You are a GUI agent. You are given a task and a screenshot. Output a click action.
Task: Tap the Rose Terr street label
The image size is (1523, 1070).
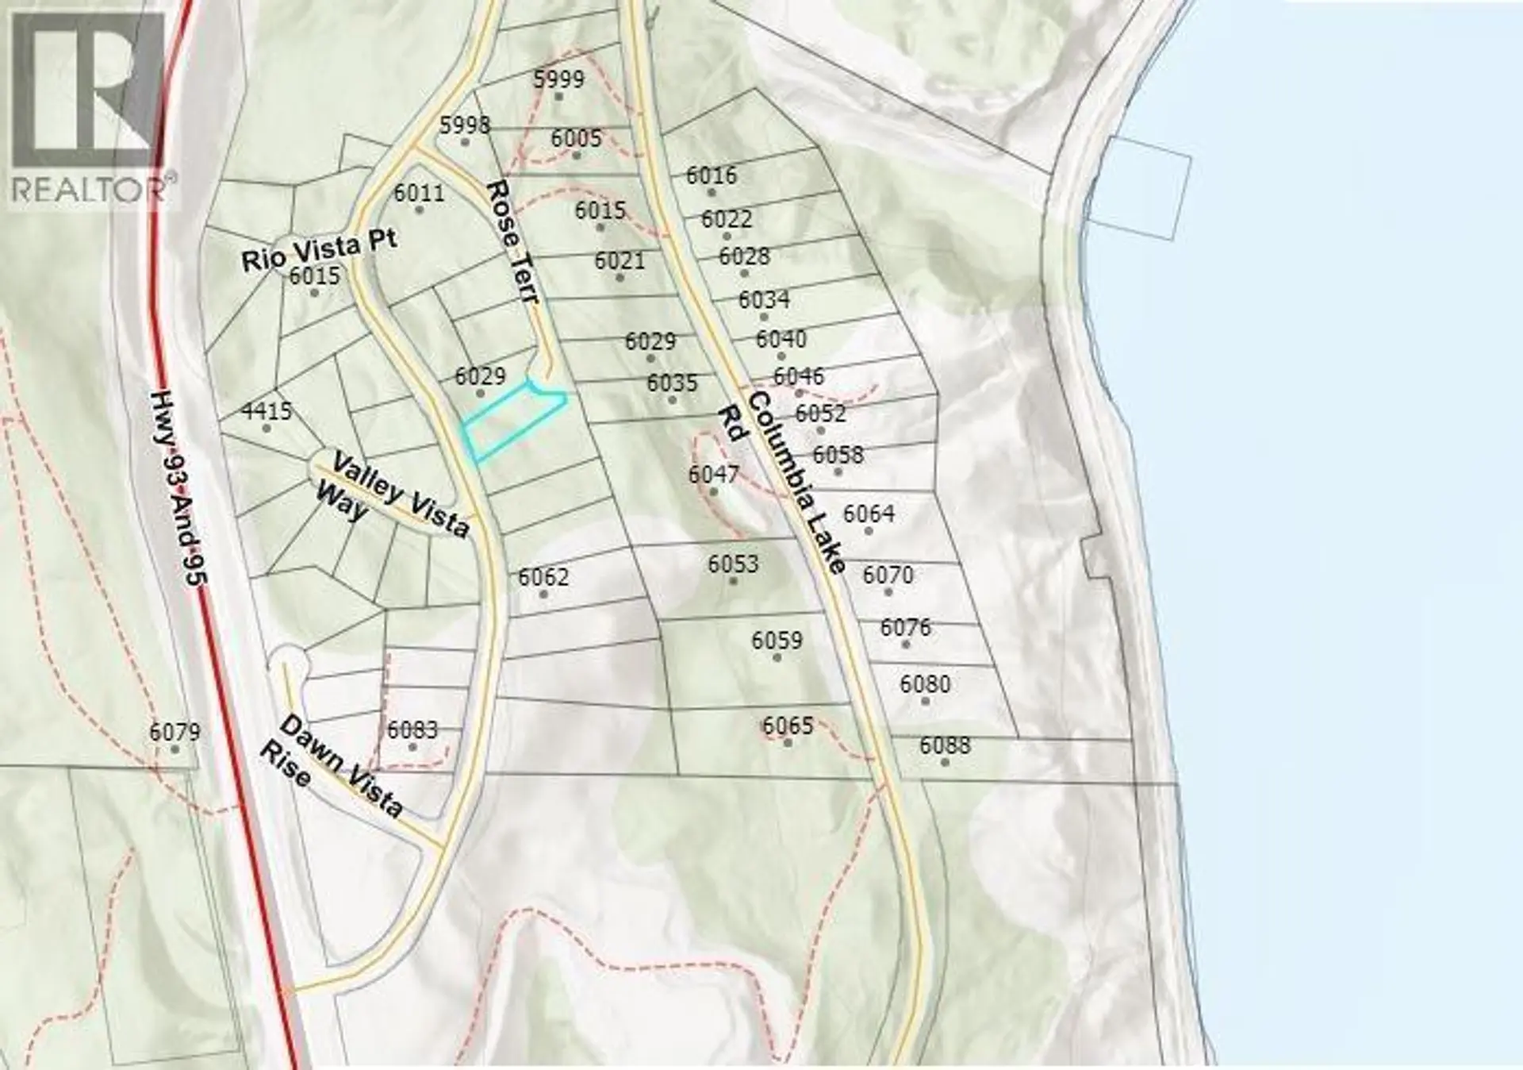(513, 241)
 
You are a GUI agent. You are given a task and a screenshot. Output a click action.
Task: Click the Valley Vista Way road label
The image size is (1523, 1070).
(390, 495)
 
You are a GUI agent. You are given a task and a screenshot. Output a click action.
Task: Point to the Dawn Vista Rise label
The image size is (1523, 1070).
(333, 767)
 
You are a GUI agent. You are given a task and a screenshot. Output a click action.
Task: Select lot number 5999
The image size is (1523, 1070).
(558, 79)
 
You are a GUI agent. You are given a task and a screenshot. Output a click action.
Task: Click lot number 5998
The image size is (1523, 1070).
(465, 125)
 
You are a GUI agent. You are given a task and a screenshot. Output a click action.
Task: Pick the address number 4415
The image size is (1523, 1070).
(267, 411)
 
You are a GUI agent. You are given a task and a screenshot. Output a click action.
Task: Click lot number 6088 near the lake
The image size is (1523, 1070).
(945, 746)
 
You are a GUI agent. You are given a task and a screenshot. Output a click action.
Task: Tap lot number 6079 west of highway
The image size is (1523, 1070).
(175, 732)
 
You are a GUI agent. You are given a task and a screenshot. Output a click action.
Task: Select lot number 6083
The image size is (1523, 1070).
(412, 730)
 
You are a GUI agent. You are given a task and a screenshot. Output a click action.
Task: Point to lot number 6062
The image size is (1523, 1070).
(543, 577)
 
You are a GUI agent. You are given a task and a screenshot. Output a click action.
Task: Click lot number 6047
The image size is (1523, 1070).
(713, 475)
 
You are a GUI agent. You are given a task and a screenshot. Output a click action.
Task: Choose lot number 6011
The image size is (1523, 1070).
(419, 193)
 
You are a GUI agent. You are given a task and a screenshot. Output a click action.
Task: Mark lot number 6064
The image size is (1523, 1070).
(869, 514)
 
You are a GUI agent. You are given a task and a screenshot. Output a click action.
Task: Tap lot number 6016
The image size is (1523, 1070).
(712, 175)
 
